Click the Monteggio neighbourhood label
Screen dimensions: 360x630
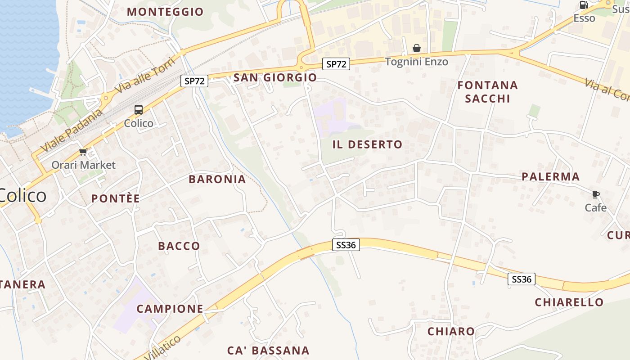pos(165,12)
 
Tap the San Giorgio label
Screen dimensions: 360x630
pos(275,78)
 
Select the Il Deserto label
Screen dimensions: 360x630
pos(367,144)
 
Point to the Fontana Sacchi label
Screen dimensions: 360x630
pos(488,92)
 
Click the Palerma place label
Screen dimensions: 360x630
pos(551,177)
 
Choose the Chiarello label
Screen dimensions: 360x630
pos(569,302)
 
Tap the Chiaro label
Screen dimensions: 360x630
pos(451,332)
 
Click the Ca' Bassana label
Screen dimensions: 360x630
pos(268,351)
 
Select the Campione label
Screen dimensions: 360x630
pos(170,309)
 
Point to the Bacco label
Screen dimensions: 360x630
pos(179,246)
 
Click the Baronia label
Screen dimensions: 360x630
pos(217,180)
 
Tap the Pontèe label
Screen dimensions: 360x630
pos(116,198)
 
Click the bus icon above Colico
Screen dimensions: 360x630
pos(139,110)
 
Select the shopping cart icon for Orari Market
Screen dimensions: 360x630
pos(83,152)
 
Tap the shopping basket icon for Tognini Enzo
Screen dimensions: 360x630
pos(417,48)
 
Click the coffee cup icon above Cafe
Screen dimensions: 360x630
pos(596,195)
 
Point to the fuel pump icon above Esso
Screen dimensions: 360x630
pos(584,5)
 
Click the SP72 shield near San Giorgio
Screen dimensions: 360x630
pos(195,81)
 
